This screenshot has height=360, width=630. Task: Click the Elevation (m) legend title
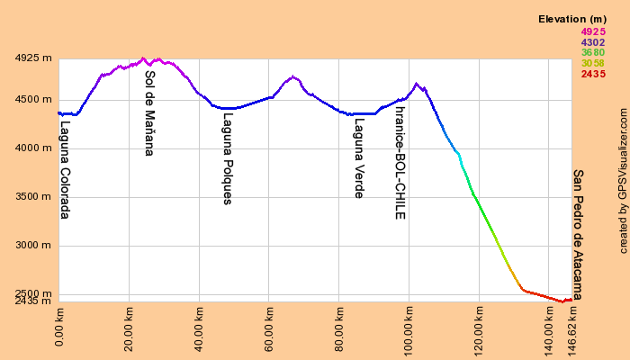click(571, 19)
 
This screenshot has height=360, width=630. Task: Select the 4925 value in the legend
click(593, 31)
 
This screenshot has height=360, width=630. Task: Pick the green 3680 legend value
click(593, 52)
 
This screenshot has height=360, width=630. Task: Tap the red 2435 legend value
click(593, 74)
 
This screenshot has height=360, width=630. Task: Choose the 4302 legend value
click(593, 42)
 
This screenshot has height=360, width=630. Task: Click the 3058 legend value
click(593, 63)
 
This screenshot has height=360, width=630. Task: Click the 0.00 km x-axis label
click(59, 328)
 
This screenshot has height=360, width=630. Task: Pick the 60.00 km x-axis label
click(269, 328)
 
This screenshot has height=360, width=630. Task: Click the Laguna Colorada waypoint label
click(64, 171)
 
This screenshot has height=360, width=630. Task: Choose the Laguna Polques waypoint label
click(228, 158)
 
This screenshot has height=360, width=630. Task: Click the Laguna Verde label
click(359, 158)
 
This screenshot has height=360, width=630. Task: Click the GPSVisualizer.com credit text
click(623, 180)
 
